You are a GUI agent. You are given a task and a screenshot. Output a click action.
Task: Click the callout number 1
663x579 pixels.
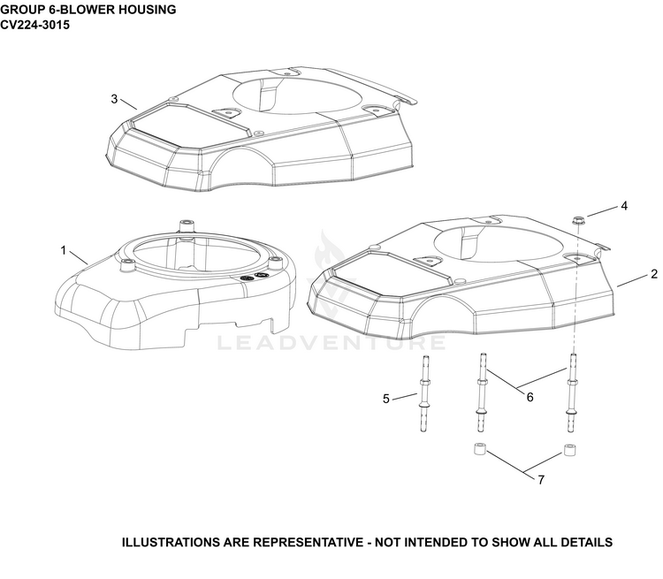click(64, 251)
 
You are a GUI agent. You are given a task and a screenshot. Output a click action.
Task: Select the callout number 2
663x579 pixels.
click(654, 274)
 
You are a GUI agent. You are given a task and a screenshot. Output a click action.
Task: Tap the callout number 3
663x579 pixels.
click(114, 99)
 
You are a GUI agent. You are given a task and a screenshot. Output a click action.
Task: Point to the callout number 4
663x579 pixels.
click(624, 206)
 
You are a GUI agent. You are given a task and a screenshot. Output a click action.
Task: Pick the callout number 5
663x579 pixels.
click(385, 399)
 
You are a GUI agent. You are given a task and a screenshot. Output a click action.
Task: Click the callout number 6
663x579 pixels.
click(530, 397)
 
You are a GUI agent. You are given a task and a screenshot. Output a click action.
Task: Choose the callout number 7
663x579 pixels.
click(541, 480)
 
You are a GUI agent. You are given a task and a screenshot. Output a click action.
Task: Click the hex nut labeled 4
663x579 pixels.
click(577, 220)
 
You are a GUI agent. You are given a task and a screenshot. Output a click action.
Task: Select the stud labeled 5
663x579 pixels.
click(423, 393)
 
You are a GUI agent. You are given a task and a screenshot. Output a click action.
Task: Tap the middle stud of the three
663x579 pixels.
click(481, 392)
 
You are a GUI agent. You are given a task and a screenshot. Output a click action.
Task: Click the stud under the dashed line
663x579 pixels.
click(573, 392)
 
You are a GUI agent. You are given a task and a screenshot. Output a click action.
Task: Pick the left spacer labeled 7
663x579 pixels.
click(480, 449)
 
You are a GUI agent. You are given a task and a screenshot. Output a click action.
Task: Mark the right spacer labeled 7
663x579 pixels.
click(570, 450)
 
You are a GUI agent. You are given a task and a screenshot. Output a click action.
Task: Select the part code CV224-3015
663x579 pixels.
click(34, 25)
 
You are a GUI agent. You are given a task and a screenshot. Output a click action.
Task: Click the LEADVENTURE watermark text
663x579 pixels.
click(331, 343)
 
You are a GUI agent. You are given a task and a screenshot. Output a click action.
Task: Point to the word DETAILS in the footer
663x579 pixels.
click(585, 542)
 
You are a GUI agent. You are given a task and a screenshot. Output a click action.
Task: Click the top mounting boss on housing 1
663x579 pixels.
click(186, 225)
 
